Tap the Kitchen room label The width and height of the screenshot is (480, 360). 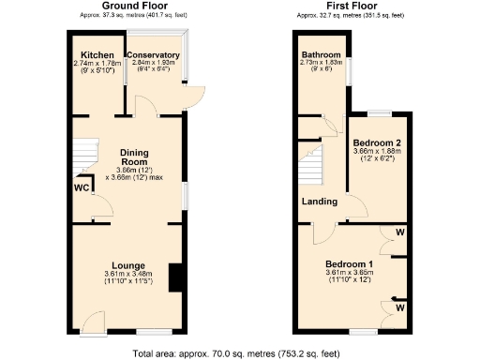click(x=97, y=55)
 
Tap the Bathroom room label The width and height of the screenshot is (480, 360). click(x=321, y=55)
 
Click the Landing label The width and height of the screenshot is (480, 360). click(x=319, y=202)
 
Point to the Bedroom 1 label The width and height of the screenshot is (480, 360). click(x=349, y=263)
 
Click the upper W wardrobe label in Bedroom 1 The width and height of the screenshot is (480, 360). click(x=400, y=232)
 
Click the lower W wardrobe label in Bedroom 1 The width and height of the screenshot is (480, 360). click(x=400, y=307)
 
